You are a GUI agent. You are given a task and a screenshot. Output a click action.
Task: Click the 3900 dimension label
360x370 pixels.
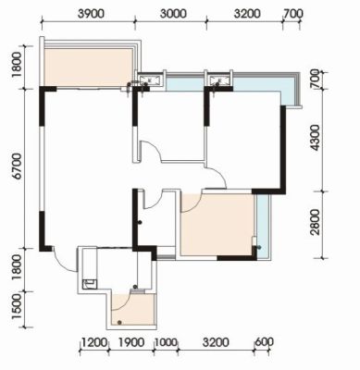point(91,14)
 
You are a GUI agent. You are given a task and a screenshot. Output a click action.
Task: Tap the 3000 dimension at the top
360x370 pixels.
point(173,14)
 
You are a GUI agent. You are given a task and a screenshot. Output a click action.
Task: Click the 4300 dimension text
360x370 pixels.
point(316,138)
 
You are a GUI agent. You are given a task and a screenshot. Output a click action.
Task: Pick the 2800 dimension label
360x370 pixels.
point(316,222)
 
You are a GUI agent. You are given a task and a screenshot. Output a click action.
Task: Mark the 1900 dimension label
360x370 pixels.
point(131,342)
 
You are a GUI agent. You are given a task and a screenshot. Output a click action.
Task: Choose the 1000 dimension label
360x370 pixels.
point(167,342)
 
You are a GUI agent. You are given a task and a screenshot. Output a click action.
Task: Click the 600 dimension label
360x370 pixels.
point(264,342)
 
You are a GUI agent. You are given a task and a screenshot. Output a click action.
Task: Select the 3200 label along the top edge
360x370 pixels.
point(247,14)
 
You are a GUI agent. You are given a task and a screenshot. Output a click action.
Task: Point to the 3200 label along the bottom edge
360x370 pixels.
point(216,342)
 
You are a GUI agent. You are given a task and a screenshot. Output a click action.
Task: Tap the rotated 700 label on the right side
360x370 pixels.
point(315,79)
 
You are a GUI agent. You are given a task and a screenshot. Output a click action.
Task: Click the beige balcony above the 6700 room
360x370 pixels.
point(88,67)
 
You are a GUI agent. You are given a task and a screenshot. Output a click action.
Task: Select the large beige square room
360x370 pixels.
point(217,225)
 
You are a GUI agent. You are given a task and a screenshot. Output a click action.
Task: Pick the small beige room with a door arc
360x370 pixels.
point(133,309)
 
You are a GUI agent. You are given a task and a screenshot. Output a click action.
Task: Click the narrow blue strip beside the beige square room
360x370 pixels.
point(263,226)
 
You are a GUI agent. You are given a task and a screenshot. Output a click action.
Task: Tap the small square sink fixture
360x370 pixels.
point(90,284)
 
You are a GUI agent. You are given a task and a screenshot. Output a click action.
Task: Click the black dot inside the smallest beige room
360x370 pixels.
point(119,323)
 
